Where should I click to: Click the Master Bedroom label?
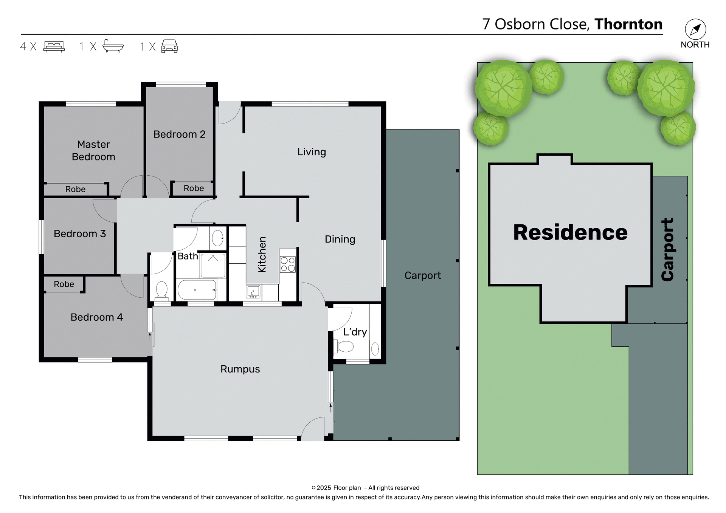(93, 150)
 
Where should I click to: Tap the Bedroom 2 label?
(179, 134)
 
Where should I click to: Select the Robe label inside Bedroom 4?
(64, 284)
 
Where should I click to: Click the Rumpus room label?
(240, 369)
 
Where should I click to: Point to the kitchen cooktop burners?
(288, 264)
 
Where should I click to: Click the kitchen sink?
(253, 292)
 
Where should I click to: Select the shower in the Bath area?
(213, 266)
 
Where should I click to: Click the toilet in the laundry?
(344, 346)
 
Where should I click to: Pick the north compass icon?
(695, 29)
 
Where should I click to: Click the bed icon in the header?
(54, 46)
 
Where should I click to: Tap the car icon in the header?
(169, 46)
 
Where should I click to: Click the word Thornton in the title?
(628, 24)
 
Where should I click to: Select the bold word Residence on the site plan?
(570, 232)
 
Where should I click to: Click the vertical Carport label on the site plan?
(668, 249)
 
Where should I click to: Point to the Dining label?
(340, 240)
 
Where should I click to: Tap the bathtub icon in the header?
(113, 46)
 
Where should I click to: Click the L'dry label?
(355, 332)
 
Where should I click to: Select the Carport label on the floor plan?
(422, 275)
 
